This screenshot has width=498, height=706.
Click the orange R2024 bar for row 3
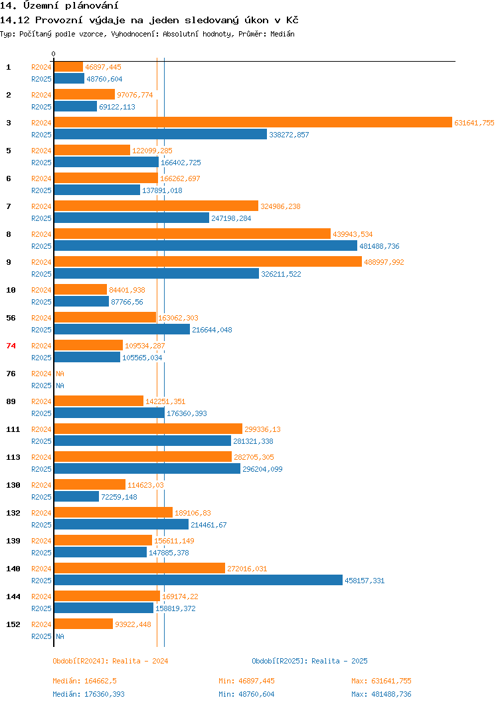point(252,122)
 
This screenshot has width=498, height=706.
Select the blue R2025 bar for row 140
point(198,580)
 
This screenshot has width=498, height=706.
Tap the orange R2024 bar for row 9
point(208,261)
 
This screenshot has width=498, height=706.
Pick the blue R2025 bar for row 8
point(205,246)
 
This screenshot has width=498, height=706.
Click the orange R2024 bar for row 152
point(83,624)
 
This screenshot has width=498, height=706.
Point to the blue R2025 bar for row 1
point(69,78)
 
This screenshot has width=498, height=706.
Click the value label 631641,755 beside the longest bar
point(474,123)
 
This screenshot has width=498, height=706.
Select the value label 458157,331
point(364,581)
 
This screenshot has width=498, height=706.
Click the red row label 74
point(11,346)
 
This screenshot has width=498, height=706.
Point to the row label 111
point(13,429)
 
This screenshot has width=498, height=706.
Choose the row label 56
point(11,318)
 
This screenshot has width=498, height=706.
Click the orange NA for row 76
point(60,374)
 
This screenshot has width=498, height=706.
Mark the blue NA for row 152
point(60,636)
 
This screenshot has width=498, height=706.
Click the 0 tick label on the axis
point(54,54)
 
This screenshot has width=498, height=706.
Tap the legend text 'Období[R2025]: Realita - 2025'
point(309,661)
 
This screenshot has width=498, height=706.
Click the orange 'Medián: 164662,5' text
point(85,681)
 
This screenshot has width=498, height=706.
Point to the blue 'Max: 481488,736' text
point(381,694)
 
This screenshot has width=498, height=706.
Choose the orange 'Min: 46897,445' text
point(246,681)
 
